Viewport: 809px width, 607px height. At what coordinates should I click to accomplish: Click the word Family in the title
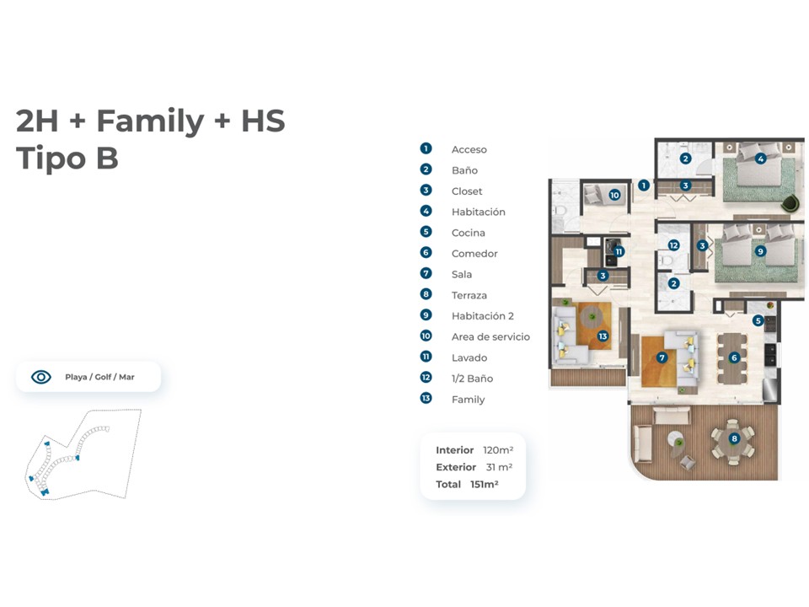[150, 121]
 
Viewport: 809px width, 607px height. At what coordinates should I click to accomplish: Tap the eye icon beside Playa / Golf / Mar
[41, 377]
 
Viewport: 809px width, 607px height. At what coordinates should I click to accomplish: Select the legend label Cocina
[468, 233]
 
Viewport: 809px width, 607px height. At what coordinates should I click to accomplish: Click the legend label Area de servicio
[490, 336]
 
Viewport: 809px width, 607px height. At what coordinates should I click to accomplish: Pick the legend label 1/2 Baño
[472, 379]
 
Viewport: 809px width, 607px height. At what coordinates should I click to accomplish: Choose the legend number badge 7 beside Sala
[426, 273]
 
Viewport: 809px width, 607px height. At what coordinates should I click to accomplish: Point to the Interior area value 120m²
[498, 449]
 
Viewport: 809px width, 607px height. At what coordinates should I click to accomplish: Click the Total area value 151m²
[484, 484]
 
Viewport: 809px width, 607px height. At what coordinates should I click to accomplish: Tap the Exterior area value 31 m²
[499, 467]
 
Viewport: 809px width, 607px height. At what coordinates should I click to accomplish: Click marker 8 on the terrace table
[734, 438]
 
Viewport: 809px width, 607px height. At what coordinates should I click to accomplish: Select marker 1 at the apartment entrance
[643, 185]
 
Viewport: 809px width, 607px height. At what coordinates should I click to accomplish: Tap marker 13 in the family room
[603, 336]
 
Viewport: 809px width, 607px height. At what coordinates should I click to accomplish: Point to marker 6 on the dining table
[734, 357]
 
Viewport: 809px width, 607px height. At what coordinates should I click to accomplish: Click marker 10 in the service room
[614, 195]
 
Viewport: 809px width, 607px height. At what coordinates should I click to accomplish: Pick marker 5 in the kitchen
[758, 320]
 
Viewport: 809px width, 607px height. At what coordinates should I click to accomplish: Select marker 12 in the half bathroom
[673, 245]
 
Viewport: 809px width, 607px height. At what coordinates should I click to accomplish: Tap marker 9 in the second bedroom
[759, 251]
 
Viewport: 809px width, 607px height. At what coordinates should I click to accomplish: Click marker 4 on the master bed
[760, 159]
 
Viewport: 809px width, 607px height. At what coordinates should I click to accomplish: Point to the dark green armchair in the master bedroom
[790, 203]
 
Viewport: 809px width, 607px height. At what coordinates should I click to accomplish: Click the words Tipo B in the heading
[67, 158]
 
